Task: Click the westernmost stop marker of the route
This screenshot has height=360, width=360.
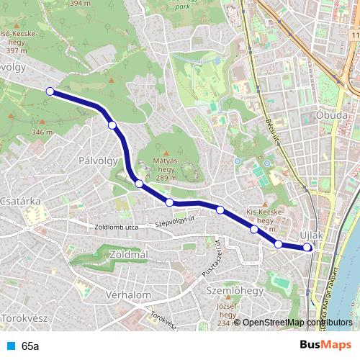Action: (x=50, y=91)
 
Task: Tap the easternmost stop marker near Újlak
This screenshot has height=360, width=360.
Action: (x=308, y=248)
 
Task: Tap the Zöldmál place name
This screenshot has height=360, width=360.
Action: (x=130, y=255)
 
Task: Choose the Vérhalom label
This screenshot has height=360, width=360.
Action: (x=127, y=295)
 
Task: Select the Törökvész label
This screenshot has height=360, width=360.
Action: (x=24, y=318)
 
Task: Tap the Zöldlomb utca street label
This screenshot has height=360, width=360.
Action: (x=116, y=228)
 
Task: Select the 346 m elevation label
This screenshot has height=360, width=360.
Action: (x=42, y=132)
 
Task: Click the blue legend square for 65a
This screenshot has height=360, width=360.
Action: (x=10, y=346)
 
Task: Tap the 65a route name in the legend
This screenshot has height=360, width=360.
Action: (x=30, y=346)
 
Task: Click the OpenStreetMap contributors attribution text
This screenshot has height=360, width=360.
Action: (x=297, y=323)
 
